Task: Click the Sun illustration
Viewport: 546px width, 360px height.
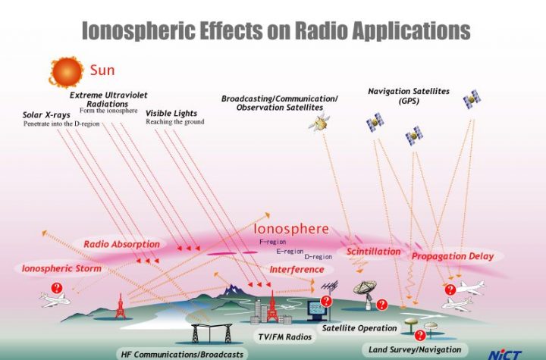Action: [x=66, y=72]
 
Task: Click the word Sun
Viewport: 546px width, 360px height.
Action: [x=102, y=70]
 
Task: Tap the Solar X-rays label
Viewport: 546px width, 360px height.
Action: [x=46, y=115]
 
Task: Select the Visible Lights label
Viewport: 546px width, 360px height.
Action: [x=171, y=113]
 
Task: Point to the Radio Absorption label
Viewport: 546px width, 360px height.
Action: [x=121, y=244]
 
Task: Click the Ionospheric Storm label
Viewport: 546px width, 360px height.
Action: [x=61, y=268]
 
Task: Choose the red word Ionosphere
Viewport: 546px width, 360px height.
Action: [x=291, y=229]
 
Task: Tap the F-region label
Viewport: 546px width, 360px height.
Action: [x=273, y=242]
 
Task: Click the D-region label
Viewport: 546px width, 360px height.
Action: [x=318, y=257]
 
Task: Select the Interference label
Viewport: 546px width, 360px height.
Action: [x=297, y=270]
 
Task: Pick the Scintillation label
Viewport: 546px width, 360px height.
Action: [x=373, y=252]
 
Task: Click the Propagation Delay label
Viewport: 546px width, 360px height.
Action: [x=453, y=257]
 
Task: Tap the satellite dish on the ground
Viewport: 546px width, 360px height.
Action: [x=366, y=294]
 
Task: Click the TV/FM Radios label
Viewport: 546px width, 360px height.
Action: [x=285, y=337]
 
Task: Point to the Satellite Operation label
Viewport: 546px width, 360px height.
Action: [x=359, y=328]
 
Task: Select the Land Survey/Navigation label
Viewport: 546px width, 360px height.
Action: [x=415, y=349]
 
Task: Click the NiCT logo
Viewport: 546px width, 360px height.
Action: [x=504, y=355]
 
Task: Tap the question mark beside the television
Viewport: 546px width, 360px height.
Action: [x=326, y=301]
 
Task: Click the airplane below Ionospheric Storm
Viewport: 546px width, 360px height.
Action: [x=55, y=300]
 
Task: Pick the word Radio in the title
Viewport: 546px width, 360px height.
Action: [x=321, y=30]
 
